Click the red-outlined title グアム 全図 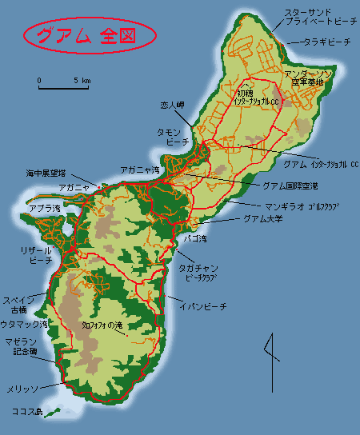coord(87,35)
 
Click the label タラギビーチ coord(326,42)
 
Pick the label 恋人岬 coord(172,104)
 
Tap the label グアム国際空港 coord(290,186)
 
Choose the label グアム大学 coord(263,218)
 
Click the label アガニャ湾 coord(139,170)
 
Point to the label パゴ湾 coord(194,238)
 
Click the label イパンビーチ coord(207,306)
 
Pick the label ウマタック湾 coord(23,324)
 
